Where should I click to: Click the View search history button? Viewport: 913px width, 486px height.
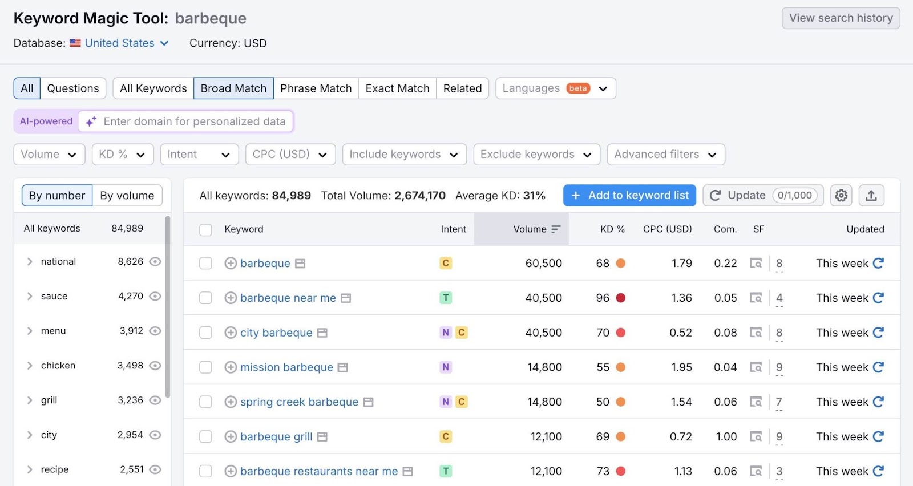tap(841, 18)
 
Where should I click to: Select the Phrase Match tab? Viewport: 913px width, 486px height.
tap(316, 88)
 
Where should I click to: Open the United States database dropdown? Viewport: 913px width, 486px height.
tap(126, 43)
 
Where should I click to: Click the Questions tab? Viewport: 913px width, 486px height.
tap(72, 88)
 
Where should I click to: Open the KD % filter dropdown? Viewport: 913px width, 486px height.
tap(122, 155)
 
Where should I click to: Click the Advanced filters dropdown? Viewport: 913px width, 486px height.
tap(665, 155)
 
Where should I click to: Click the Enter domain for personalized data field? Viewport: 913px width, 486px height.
tap(194, 121)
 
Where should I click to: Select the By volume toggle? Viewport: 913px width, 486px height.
tap(127, 196)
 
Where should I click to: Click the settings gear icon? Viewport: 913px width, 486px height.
tap(841, 196)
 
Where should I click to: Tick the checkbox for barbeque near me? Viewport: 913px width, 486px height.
tap(205, 298)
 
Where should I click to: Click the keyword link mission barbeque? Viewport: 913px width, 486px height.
tap(286, 367)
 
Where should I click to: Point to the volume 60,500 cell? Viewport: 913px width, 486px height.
tap(543, 263)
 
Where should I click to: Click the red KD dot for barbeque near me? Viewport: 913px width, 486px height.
tap(621, 298)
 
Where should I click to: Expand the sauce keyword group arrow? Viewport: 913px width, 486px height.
tap(30, 296)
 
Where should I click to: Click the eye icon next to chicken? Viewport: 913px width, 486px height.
tap(155, 366)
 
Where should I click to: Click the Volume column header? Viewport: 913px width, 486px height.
tap(530, 229)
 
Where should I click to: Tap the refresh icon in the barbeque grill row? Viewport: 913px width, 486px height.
tap(878, 436)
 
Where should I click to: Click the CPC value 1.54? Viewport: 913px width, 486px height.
tap(681, 402)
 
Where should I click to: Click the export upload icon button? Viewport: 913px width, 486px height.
tap(871, 196)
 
